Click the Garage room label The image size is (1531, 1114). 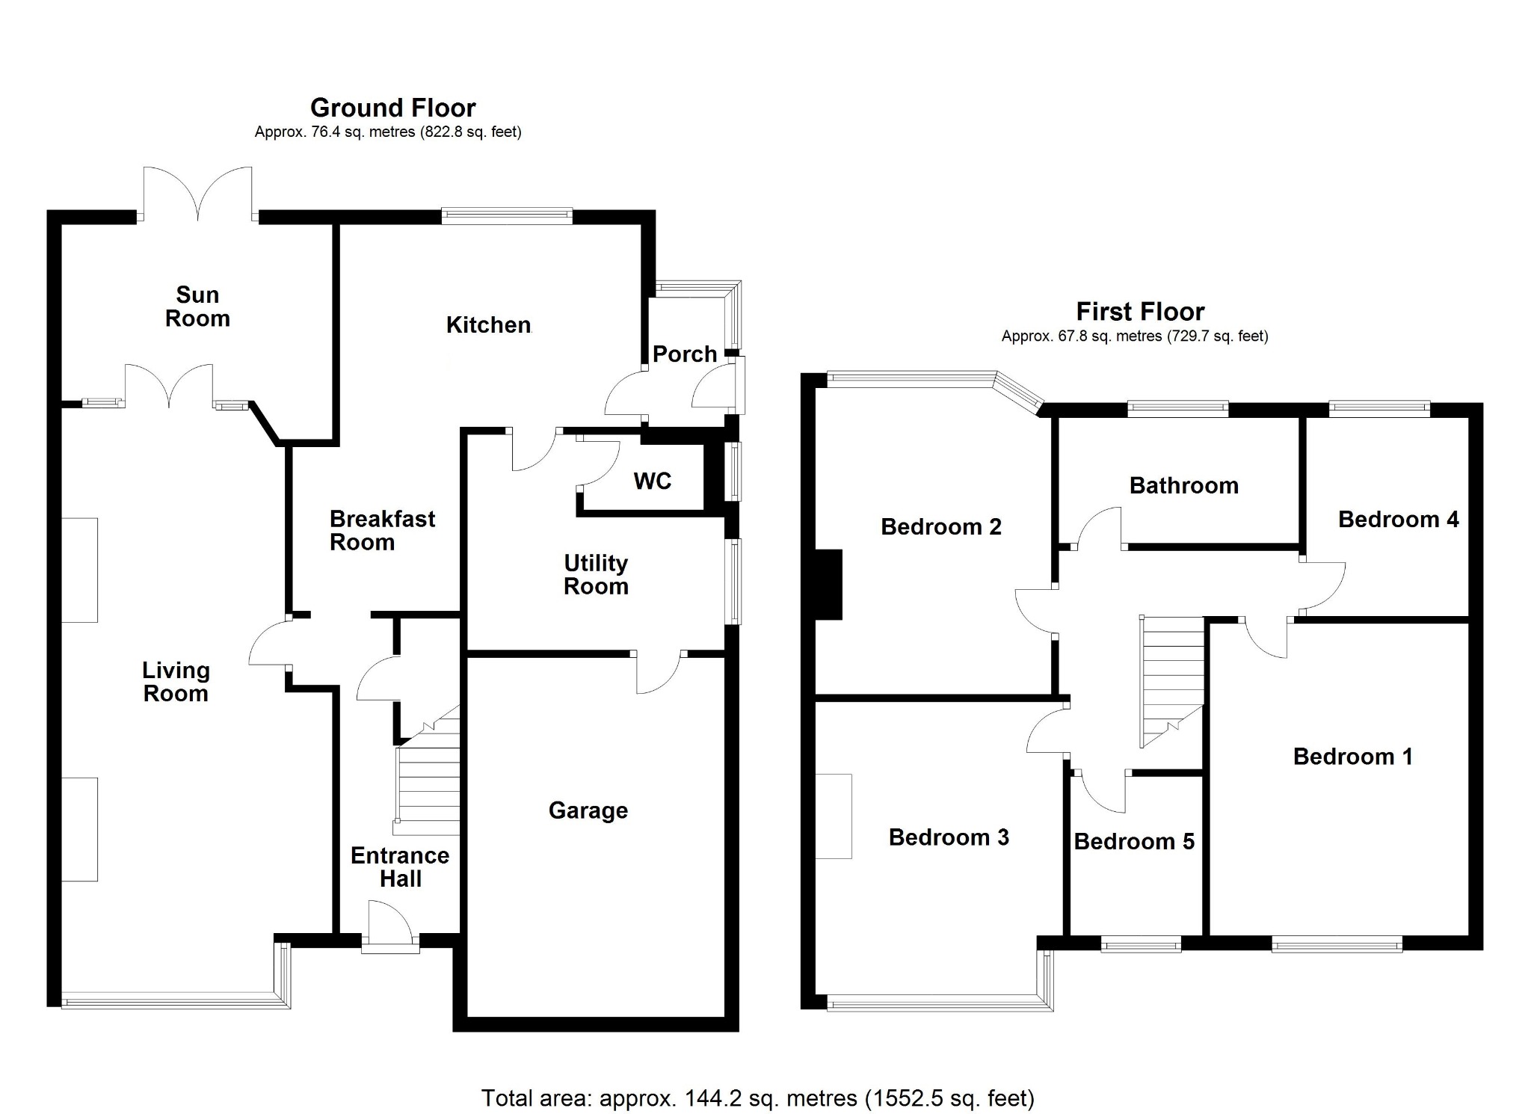[588, 810]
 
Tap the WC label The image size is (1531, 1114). [652, 481]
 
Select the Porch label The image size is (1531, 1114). [685, 354]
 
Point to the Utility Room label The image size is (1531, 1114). [596, 574]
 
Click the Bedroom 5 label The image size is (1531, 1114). [1134, 842]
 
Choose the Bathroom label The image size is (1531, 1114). [1183, 485]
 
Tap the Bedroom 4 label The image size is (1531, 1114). [1398, 519]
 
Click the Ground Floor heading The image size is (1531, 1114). [392, 108]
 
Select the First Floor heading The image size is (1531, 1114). [1140, 311]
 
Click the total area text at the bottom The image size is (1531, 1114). [758, 1098]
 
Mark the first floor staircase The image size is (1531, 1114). [1171, 680]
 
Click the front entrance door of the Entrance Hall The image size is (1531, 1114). [390, 927]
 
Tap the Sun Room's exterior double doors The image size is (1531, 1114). [198, 194]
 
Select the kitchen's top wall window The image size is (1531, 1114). [507, 216]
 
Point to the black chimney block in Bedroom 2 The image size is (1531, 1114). [828, 585]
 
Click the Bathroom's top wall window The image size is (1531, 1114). [1177, 408]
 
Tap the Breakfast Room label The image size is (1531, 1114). [382, 530]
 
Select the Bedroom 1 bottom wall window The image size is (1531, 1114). [1337, 946]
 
